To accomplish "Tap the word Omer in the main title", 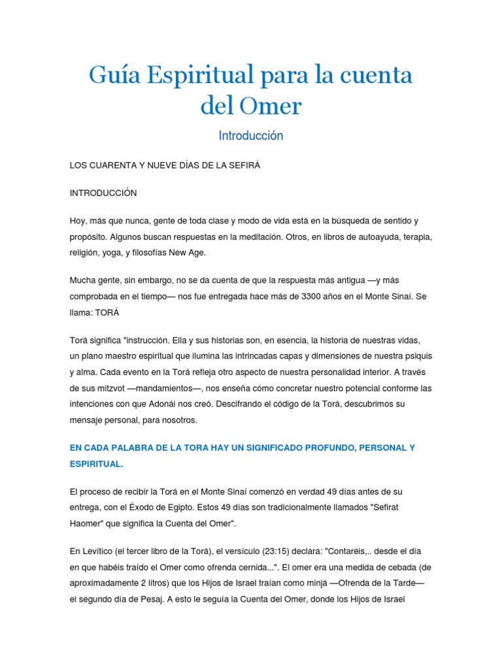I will click(x=269, y=106).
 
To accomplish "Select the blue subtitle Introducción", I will click(x=251, y=136).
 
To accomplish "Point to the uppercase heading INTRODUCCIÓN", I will click(x=103, y=193).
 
